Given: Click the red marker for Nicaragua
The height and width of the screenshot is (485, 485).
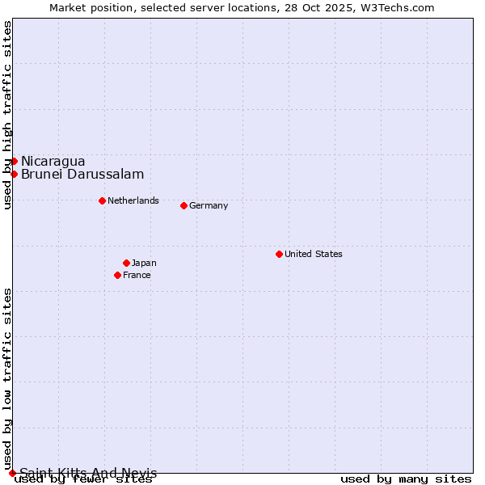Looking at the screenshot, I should (x=14, y=161).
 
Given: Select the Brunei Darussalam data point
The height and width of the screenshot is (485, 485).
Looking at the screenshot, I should (x=14, y=174).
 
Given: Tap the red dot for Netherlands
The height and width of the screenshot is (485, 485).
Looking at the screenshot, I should (x=102, y=200).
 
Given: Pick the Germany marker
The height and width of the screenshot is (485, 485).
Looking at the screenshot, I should (x=183, y=205).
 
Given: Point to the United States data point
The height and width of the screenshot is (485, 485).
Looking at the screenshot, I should (x=279, y=254).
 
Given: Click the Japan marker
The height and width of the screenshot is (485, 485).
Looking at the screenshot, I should (x=126, y=263).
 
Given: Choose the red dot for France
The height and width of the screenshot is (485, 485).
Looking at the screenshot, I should (x=117, y=275).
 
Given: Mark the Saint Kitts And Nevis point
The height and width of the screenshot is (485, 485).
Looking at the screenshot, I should (x=12, y=473).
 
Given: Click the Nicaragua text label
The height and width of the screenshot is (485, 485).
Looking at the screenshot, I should (x=53, y=161).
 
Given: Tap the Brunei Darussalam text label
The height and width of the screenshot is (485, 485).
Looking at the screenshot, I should (x=82, y=174).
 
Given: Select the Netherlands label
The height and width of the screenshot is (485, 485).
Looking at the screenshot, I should (x=133, y=200).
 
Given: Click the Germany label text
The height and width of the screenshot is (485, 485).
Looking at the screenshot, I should (x=209, y=205).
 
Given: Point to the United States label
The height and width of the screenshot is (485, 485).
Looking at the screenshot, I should (x=314, y=254).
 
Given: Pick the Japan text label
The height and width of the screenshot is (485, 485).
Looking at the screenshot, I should (x=144, y=263).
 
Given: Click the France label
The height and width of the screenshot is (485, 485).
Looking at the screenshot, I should (x=137, y=275).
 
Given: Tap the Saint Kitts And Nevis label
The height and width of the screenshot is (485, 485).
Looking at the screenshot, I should (x=88, y=473).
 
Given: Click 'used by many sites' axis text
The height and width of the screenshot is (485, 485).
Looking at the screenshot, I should (x=406, y=479).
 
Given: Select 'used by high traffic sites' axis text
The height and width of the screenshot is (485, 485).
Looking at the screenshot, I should (x=7, y=115).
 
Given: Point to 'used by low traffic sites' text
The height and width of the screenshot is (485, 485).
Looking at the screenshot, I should (x=7, y=378).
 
